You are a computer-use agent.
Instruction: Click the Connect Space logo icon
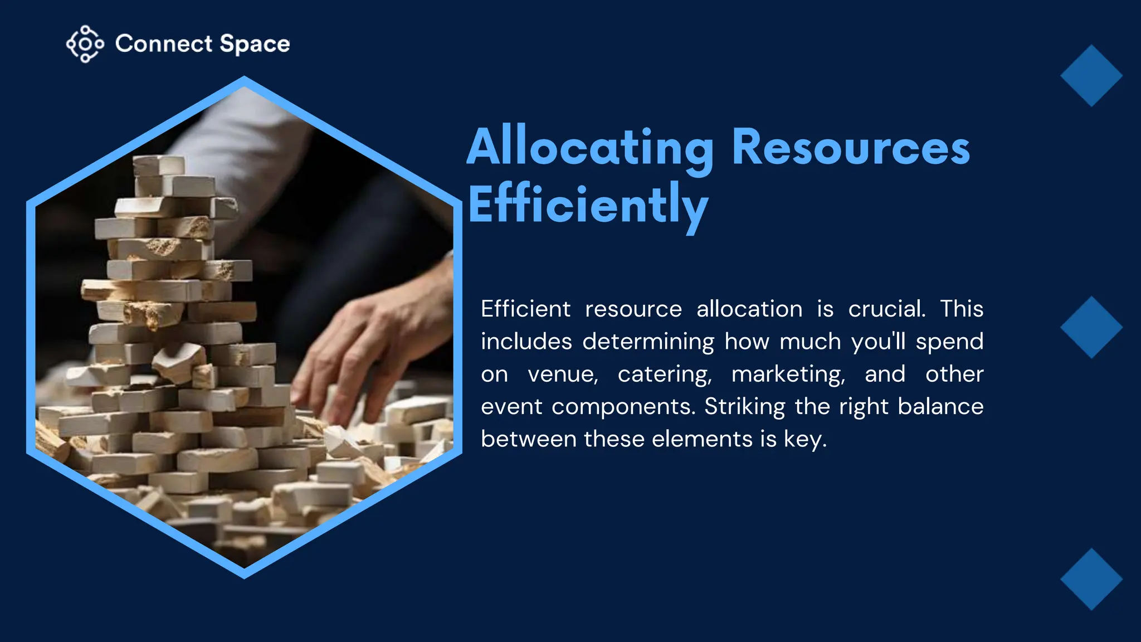point(85,43)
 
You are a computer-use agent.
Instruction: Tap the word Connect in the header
point(164,44)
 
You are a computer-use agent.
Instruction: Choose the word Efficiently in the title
point(588,206)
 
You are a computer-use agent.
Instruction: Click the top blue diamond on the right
point(1091,76)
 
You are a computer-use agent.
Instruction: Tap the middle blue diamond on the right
point(1091,327)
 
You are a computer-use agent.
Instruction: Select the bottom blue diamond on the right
point(1091,579)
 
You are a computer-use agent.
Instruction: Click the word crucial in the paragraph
point(886,309)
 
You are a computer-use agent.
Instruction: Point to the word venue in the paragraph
point(563,374)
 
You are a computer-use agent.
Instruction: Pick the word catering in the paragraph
point(665,374)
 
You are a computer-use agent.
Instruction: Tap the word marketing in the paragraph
point(788,374)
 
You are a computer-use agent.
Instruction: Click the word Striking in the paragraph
point(744,407)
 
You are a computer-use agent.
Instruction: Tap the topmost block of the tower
point(158,164)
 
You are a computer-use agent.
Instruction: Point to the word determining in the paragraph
point(648,342)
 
